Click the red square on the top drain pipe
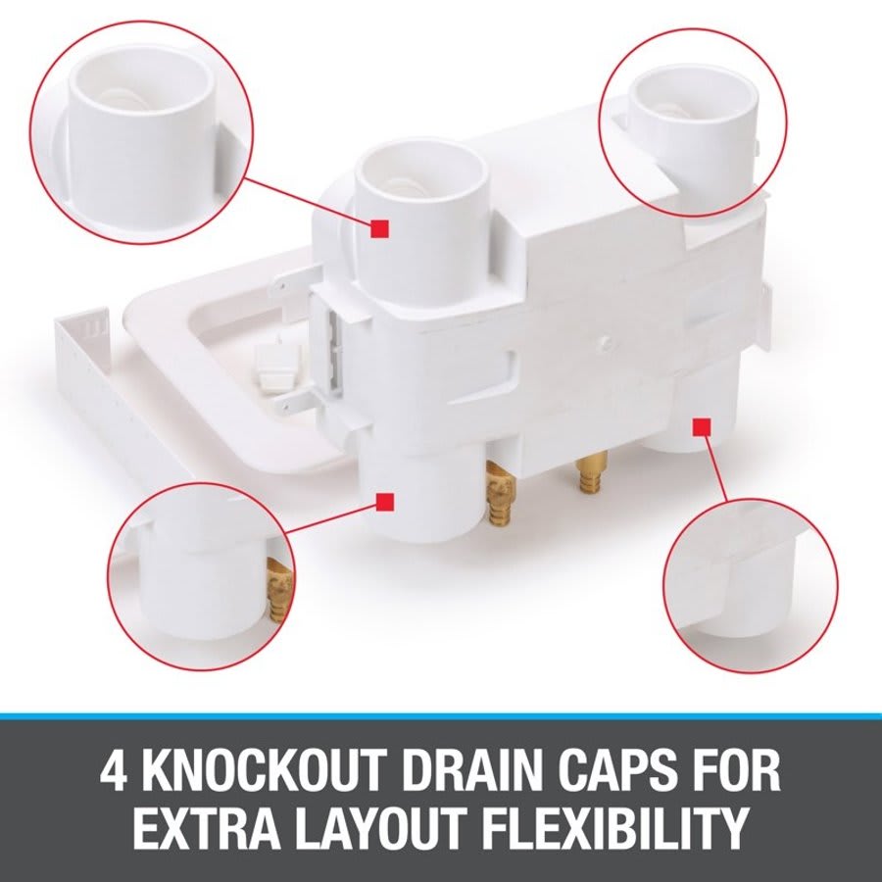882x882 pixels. click(381, 228)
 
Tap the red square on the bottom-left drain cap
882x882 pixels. click(387, 502)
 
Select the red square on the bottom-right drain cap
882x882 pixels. click(701, 426)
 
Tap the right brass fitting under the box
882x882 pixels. click(588, 474)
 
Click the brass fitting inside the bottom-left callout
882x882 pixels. click(280, 589)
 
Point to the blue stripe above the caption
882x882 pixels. click(441, 716)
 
